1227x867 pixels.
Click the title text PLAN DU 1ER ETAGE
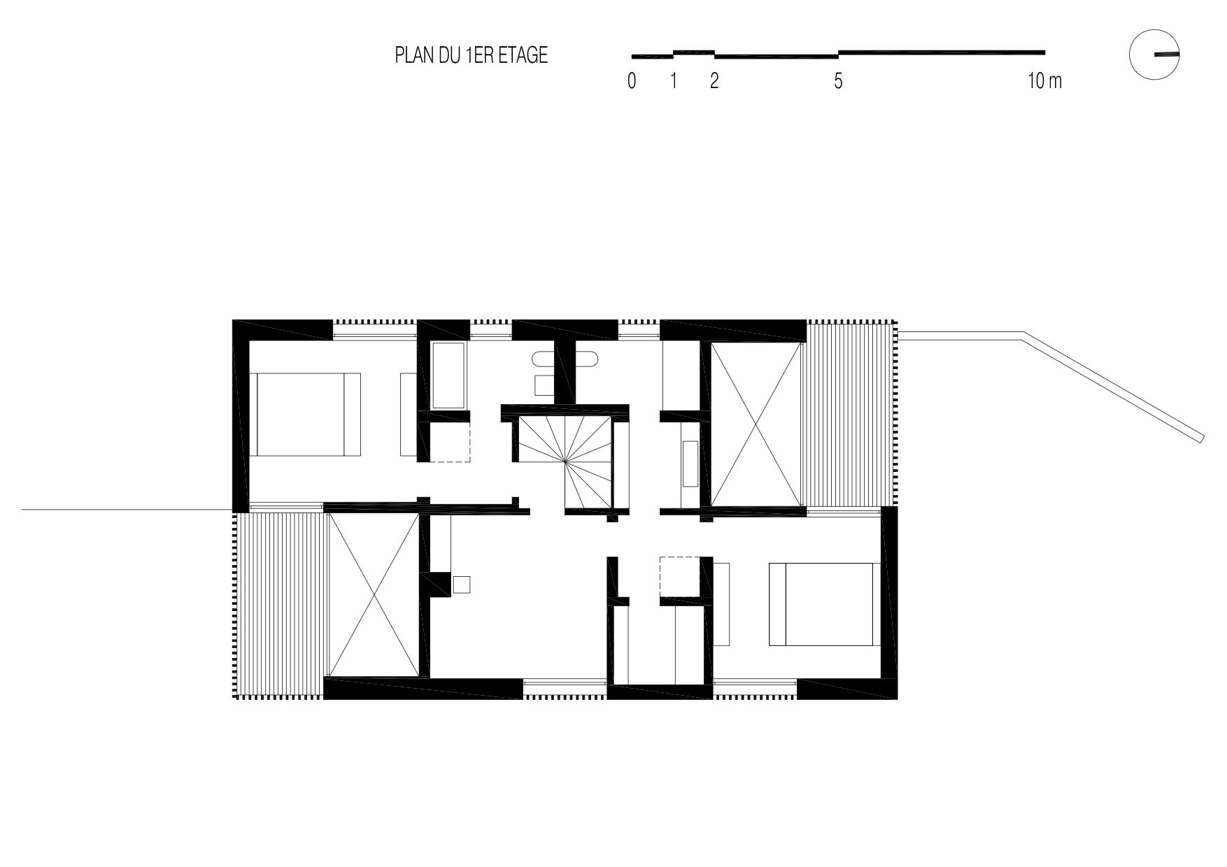(x=471, y=55)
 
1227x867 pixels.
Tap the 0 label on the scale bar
(x=632, y=81)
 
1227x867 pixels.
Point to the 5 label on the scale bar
(x=838, y=81)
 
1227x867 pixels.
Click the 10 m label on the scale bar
(x=1044, y=81)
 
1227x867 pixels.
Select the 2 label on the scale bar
(x=714, y=81)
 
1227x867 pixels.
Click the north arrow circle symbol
(x=1154, y=55)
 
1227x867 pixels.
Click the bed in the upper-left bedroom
(x=308, y=415)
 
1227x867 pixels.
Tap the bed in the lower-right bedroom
(x=821, y=603)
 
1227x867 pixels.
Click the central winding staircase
(x=565, y=461)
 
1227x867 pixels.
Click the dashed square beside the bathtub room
(x=449, y=442)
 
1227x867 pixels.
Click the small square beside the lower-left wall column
(x=461, y=585)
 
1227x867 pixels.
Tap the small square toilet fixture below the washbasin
(x=543, y=385)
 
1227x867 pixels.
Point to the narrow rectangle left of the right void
(x=689, y=464)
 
